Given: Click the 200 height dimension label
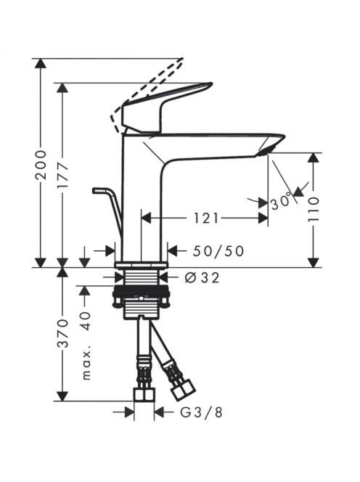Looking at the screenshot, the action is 41,165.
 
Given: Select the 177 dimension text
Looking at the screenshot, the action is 63,176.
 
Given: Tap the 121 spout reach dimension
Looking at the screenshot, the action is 205,218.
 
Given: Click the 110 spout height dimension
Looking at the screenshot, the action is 314,210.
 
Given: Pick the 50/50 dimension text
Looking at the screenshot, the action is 218,251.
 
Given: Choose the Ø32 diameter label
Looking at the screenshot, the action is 202,278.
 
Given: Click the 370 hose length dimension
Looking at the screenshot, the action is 63,334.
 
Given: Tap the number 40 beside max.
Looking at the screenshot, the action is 86,321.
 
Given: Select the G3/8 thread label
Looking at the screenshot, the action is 201,412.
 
